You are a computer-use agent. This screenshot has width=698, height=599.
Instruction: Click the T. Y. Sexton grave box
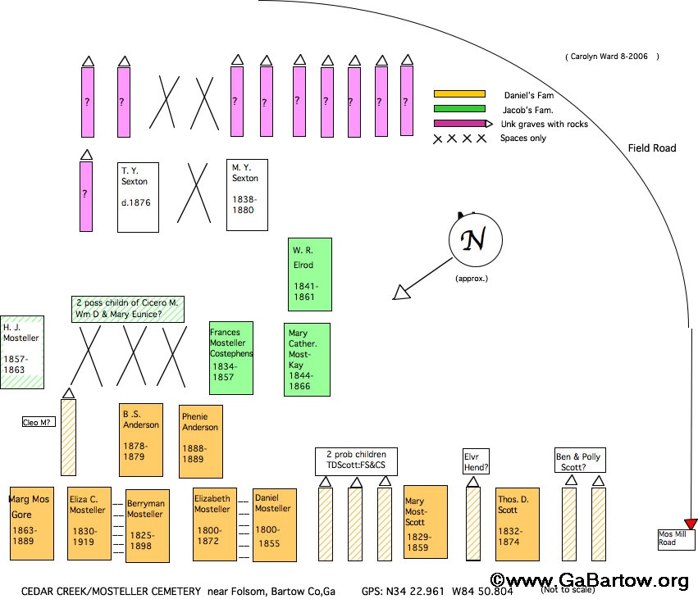pos(138,197)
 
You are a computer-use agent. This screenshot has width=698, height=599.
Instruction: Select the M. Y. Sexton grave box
pos(247,195)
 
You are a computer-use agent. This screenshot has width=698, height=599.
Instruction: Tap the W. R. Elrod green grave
pos(310,275)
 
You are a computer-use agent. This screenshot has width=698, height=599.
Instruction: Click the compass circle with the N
pos(474,242)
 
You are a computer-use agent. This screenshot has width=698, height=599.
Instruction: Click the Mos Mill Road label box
pos(676,539)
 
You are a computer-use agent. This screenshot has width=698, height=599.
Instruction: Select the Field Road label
pos(652,148)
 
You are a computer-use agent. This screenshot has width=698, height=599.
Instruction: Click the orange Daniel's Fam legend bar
pos(459,94)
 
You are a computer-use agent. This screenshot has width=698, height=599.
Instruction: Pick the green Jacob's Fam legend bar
pos(459,109)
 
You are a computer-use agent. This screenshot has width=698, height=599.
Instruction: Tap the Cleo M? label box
pos(37,422)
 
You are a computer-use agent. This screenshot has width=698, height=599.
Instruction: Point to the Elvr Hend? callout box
pos(476,461)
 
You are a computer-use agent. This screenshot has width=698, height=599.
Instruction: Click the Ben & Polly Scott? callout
pos(580,461)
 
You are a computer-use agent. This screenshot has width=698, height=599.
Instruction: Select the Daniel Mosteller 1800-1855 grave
pos(274,524)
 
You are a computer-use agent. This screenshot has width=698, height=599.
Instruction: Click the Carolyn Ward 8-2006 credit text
pos(611,57)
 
